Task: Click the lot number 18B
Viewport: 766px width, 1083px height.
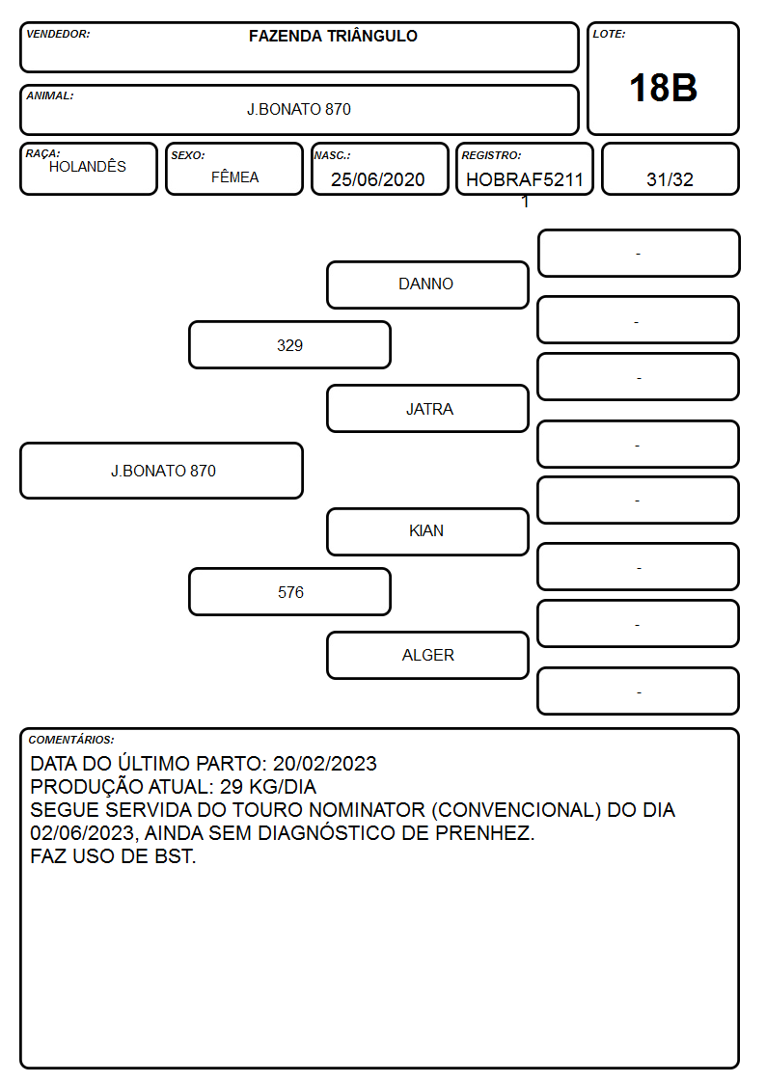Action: click(663, 88)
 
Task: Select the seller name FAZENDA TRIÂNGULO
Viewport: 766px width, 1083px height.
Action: click(333, 36)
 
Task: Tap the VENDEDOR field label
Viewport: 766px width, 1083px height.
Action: click(58, 34)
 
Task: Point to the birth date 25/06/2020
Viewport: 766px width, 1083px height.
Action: click(378, 179)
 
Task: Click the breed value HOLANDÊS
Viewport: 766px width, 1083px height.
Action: click(88, 166)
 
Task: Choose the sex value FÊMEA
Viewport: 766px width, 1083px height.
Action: click(234, 176)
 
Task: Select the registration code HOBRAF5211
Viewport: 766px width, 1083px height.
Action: click(525, 179)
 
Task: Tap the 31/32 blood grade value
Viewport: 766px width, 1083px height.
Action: click(670, 179)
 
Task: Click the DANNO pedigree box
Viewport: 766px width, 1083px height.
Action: click(427, 284)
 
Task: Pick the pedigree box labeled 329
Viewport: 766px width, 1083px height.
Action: click(289, 344)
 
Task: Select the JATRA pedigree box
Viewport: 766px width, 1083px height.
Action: click(427, 409)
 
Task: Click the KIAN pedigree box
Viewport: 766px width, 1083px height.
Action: click(427, 531)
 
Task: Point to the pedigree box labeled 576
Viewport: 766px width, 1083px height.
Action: click(289, 592)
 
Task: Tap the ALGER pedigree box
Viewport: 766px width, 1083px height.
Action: click(427, 656)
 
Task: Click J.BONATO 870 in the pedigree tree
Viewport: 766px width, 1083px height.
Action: click(162, 471)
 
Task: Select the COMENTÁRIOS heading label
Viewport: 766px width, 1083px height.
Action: click(71, 740)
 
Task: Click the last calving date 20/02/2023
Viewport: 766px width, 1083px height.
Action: click(325, 763)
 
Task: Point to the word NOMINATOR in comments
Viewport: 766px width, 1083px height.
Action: click(367, 809)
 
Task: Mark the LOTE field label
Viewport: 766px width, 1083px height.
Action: click(609, 34)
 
